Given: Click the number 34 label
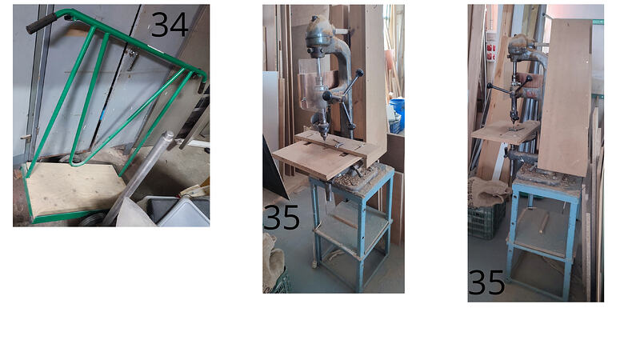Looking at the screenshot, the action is coord(170,25).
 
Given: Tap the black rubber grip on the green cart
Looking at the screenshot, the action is coord(42,23).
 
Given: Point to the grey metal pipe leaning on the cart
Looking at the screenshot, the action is coord(138,177).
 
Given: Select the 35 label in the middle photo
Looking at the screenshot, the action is coord(282,217).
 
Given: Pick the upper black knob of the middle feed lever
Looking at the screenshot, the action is coord(359,73).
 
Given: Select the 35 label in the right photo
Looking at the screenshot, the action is coord(486,282).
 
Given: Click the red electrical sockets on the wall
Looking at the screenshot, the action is coord(491,51).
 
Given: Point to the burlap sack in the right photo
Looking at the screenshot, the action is coord(489,191).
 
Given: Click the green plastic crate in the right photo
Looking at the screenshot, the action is coord(486,221).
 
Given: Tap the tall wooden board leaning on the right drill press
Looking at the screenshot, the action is coord(565,97).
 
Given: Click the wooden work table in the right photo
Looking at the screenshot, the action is coord(506,131).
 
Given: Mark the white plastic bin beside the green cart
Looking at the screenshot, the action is coord(179,211).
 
